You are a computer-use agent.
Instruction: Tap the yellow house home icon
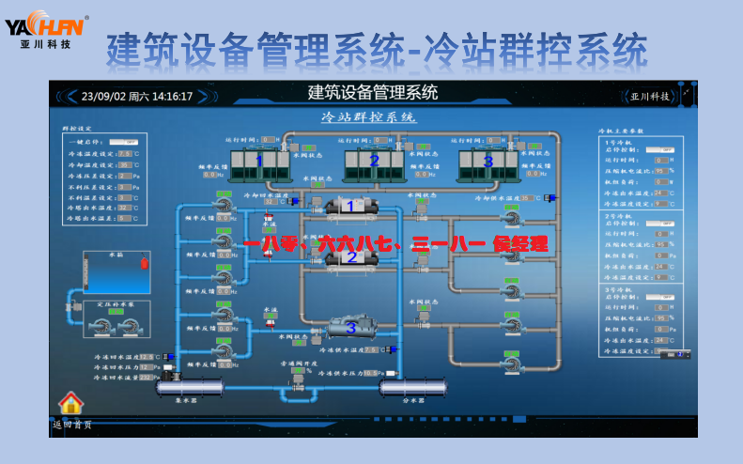click(x=71, y=403)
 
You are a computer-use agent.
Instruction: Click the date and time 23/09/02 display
click(x=137, y=96)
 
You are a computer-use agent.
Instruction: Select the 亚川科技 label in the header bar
click(x=650, y=96)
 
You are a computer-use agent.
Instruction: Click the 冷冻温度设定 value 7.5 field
click(x=124, y=152)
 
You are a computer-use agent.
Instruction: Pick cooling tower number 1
click(x=260, y=162)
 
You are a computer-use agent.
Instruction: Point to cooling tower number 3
click(x=488, y=162)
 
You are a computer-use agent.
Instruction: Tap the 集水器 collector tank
click(x=188, y=386)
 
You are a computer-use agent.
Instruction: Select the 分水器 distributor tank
click(x=412, y=386)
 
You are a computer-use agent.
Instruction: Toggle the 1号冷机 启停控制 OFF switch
click(x=663, y=149)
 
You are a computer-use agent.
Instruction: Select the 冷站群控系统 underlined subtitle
click(x=369, y=117)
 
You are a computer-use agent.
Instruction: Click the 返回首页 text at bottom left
click(x=72, y=425)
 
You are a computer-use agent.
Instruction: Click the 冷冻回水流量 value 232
click(x=146, y=378)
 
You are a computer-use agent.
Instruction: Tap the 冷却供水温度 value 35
click(x=527, y=198)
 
